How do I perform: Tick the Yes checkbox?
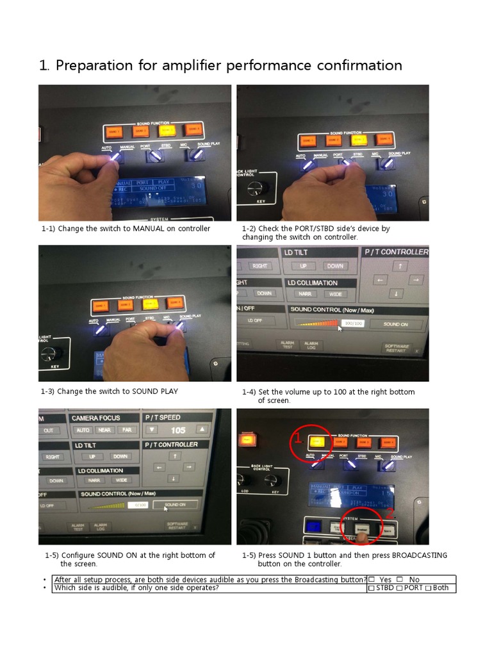[x=372, y=579]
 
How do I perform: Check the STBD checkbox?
[x=372, y=588]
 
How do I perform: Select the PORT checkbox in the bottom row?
[x=399, y=588]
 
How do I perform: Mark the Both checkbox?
[x=429, y=588]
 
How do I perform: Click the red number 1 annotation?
[x=297, y=438]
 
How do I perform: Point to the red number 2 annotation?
[x=388, y=513]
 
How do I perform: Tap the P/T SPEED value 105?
[x=177, y=430]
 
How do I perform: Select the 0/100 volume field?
[x=138, y=505]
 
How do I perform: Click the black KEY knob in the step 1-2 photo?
[x=259, y=188]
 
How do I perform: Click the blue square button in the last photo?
[x=314, y=527]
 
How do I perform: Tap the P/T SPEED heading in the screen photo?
[x=163, y=417]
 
